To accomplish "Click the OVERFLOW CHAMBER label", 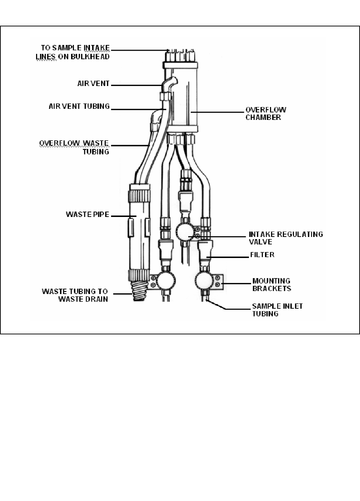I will [265, 113].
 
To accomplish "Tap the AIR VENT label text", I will [93, 83].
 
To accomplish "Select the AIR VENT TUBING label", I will [79, 106].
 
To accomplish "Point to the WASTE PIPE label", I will [87, 214].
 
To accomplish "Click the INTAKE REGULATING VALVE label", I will [285, 238].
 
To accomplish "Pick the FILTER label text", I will [262, 255].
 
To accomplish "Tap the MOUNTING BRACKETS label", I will [271, 285].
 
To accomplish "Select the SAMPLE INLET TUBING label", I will [277, 310].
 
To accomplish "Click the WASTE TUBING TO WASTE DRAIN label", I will [75, 295].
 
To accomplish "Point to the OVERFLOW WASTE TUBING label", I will [74, 147].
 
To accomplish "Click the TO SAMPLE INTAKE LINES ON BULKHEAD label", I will [73, 52].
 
